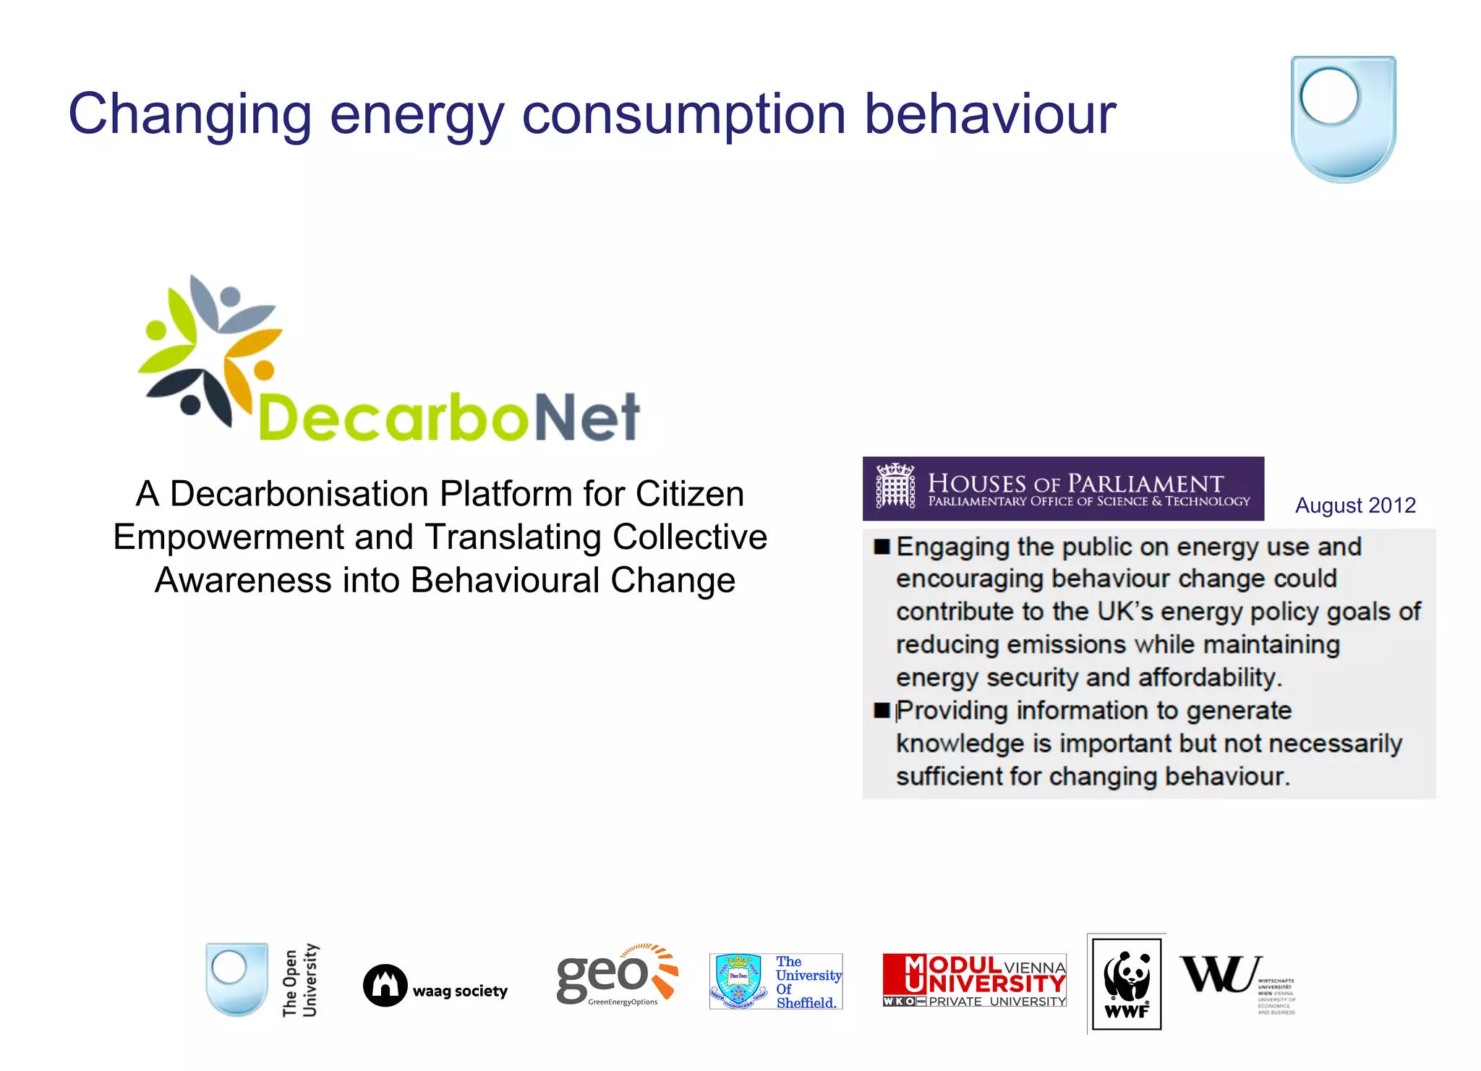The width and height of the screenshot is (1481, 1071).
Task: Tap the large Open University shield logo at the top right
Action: click(1343, 119)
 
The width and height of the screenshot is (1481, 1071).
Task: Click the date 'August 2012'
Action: click(1354, 505)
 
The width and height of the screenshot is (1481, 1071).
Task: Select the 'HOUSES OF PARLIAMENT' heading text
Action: click(1075, 482)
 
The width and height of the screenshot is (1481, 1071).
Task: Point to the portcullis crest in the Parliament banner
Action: click(895, 485)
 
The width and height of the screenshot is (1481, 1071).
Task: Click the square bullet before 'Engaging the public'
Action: click(881, 547)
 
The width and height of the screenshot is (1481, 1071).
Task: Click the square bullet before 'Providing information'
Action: click(881, 710)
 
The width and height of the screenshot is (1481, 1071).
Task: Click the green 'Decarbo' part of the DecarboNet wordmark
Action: click(394, 417)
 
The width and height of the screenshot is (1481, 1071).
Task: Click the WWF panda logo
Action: click(1126, 983)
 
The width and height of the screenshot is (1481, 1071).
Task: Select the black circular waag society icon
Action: click(385, 986)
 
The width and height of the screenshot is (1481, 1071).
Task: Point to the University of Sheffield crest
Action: click(738, 981)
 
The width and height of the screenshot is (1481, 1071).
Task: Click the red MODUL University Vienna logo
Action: click(974, 981)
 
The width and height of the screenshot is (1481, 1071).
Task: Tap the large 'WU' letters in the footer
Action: click(1220, 974)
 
